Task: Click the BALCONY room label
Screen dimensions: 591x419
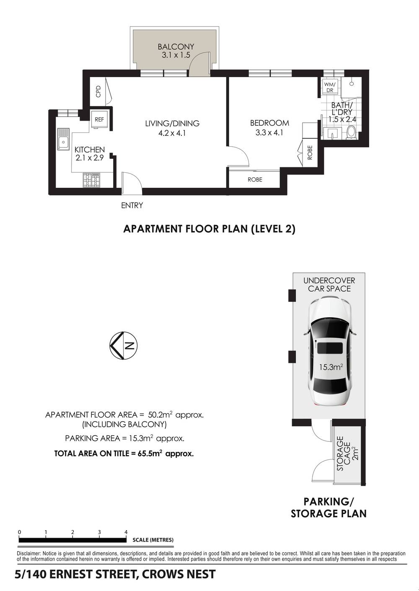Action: (176, 47)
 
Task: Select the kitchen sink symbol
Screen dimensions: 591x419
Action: (63, 142)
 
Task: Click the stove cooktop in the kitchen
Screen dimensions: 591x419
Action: (92, 180)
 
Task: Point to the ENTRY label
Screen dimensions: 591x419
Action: (132, 205)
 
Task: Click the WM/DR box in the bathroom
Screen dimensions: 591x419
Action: (330, 87)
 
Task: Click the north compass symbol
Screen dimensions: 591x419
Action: (124, 346)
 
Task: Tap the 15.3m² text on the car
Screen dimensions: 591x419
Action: (331, 368)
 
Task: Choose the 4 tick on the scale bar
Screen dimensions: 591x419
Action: (126, 532)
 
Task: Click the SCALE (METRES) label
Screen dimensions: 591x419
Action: (153, 540)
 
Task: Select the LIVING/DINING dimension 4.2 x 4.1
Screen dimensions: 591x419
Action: (172, 134)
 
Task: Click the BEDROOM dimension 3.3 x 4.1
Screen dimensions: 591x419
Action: (269, 133)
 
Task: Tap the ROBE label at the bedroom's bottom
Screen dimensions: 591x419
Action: (255, 179)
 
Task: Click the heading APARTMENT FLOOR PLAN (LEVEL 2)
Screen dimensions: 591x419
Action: (209, 229)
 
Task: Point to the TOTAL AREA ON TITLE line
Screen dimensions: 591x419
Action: (124, 454)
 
